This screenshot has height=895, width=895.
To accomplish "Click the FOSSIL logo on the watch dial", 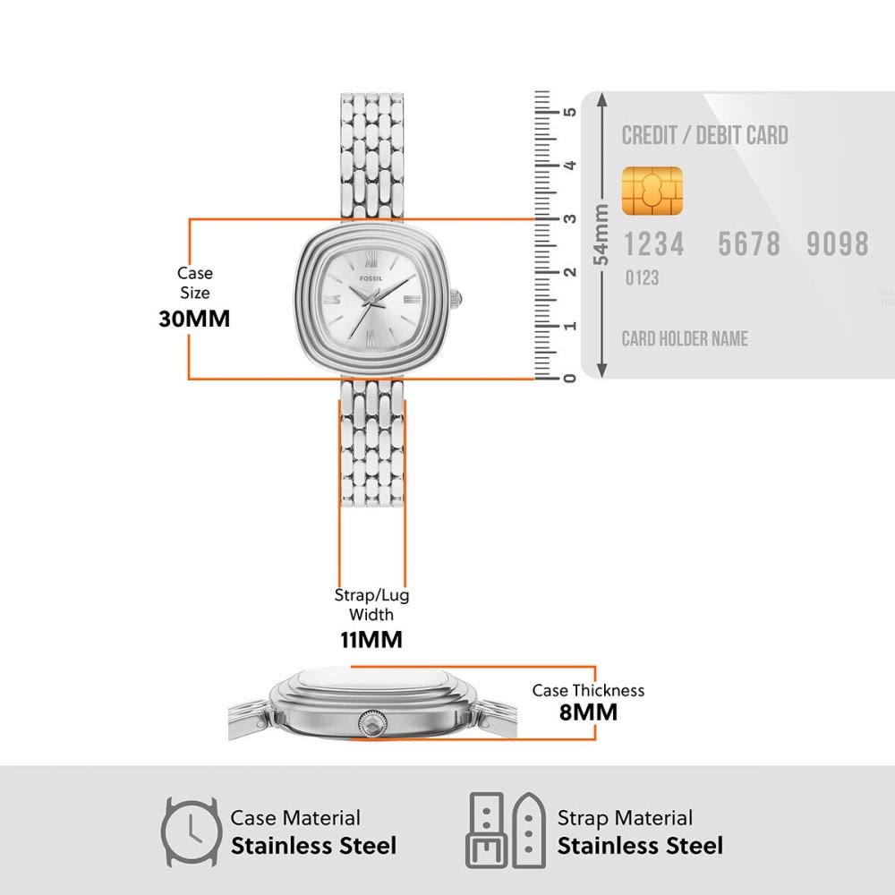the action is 371,278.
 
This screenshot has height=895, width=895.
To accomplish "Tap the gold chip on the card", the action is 652,192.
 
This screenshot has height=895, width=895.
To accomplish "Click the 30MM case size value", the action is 194,319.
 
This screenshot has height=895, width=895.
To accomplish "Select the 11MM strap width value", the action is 371,639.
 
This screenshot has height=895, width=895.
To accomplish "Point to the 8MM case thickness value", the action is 589,712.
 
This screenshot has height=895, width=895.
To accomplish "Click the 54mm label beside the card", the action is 601,234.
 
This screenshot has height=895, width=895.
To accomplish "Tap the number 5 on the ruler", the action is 569,111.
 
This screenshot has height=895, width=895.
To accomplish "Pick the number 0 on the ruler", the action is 569,378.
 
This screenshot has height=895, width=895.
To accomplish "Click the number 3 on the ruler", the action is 569,218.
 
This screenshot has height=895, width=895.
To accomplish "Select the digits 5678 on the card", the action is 749,244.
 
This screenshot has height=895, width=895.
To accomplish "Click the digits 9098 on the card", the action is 838,244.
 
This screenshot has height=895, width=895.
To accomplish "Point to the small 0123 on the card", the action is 642,278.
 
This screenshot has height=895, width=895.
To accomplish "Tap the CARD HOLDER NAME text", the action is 685,338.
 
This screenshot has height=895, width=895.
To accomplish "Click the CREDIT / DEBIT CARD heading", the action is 705,136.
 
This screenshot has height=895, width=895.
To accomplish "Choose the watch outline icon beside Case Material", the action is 191,832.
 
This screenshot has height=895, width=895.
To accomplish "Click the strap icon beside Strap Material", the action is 506,831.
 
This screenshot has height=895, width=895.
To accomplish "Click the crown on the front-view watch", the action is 456,299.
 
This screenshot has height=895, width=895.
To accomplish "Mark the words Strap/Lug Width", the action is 371,605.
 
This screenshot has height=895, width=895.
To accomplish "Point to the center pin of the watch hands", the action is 371,299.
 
